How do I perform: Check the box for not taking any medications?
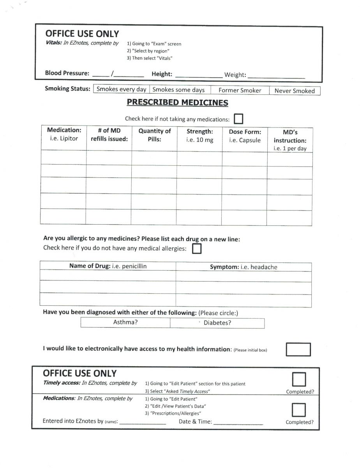[x=238, y=118]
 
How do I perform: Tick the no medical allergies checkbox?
[x=197, y=248]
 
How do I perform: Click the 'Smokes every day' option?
[x=121, y=89]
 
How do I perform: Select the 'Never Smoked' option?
[x=295, y=91]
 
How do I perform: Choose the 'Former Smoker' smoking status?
[x=240, y=90]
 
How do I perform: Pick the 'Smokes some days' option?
[x=178, y=90]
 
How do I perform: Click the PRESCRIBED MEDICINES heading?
[x=177, y=103]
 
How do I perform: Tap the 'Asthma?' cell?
[x=125, y=323]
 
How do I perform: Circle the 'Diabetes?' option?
[x=217, y=323]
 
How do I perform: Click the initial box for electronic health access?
[x=298, y=349]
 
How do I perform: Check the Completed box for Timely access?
[x=299, y=379]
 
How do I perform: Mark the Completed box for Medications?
[x=299, y=410]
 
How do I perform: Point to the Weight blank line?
[x=276, y=76]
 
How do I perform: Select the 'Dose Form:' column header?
[x=245, y=136]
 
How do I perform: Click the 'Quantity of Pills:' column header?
[x=154, y=135]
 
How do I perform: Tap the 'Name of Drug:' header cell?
[x=108, y=266]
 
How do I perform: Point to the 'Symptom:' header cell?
[x=244, y=267]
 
